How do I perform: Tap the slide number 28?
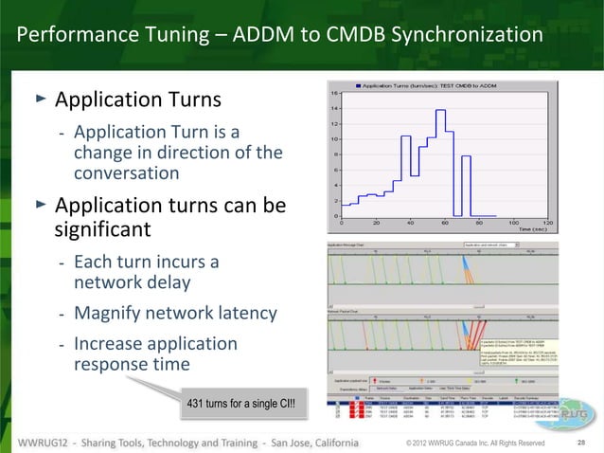pyautogui.click(x=582, y=443)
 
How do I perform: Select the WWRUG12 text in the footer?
pyautogui.click(x=50, y=443)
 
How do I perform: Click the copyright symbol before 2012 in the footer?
pyautogui.click(x=407, y=443)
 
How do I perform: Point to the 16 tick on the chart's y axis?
pyautogui.click(x=334, y=94)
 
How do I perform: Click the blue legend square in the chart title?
pyautogui.click(x=357, y=85)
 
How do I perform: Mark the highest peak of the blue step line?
pyautogui.click(x=440, y=110)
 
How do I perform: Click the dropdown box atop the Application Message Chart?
pyautogui.click(x=484, y=245)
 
